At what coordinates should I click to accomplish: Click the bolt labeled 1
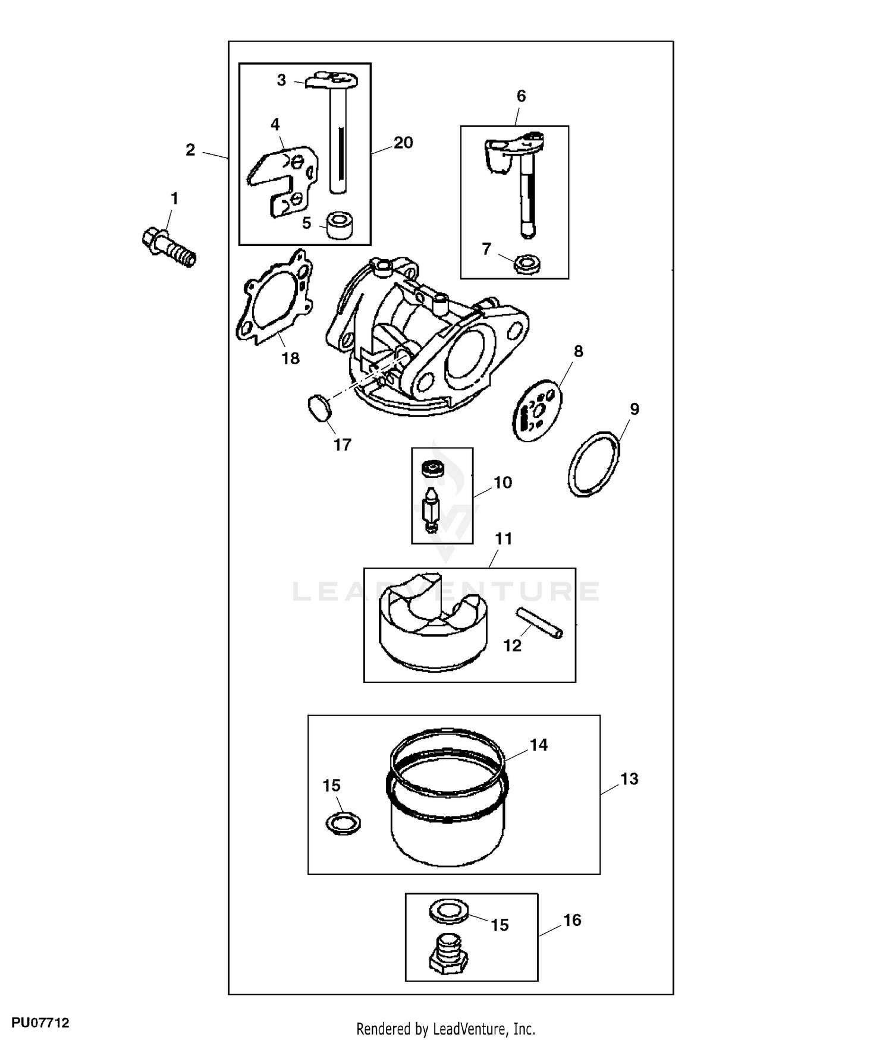coord(169,247)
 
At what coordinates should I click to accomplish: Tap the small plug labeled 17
coord(321,409)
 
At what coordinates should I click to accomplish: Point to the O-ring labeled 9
coord(593,464)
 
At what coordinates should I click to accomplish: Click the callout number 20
coord(403,143)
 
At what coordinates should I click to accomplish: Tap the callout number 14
coord(538,745)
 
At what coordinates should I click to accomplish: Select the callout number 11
coord(503,539)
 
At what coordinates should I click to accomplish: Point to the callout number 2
coord(190,150)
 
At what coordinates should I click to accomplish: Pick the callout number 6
coord(521,96)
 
